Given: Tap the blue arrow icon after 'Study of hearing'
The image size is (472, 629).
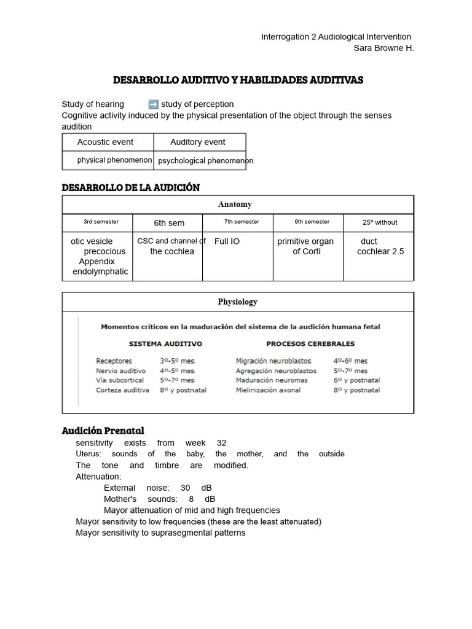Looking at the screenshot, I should coord(153,104).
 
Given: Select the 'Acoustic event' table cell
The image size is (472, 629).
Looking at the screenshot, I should coord(105,142).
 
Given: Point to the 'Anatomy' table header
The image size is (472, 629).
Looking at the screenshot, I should coord(235,205).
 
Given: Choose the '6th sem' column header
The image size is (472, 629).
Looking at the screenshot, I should coord(169,223).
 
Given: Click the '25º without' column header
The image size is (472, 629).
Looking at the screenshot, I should coord(379,222).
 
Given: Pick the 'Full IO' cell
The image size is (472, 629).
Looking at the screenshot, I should coord(227,241).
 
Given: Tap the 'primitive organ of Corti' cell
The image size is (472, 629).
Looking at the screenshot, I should coord(305,246).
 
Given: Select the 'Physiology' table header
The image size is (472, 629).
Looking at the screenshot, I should coord(237,302).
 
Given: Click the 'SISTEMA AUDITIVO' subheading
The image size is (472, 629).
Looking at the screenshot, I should coord(165,344).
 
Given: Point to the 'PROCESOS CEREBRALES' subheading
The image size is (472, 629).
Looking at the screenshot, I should coord(310,344).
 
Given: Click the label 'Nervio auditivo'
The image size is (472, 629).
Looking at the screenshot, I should coord(120,371).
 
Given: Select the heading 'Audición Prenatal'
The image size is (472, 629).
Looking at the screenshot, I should coord(103,430).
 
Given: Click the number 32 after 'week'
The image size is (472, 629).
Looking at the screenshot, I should coord(222,443).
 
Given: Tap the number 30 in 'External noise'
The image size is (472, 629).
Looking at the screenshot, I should coord(186,488).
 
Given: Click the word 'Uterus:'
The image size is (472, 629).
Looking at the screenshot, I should coord(88,454).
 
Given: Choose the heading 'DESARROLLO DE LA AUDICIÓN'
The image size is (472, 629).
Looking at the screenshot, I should coord(131,187).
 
